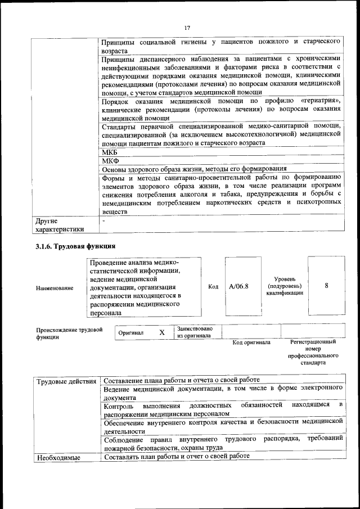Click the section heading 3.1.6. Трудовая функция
(75, 246)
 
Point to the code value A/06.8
(239, 286)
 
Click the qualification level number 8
(327, 286)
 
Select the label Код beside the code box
(213, 287)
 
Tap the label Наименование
(55, 288)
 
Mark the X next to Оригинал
(162, 332)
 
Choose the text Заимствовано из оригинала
(195, 332)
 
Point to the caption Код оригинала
(251, 343)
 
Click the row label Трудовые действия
(66, 382)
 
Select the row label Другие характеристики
(60, 225)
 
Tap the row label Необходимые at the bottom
(58, 457)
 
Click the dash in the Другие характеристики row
(104, 221)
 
